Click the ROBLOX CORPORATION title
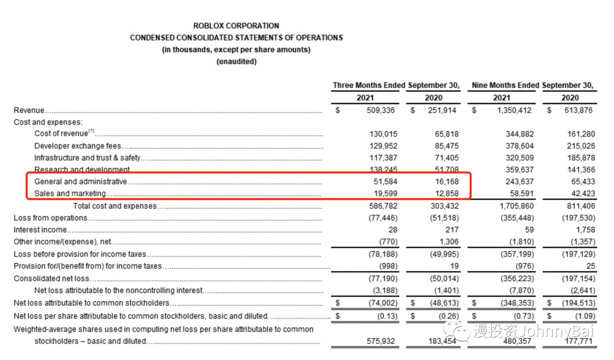tap(236, 26)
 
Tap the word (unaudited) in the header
tap(236, 61)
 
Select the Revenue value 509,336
tap(380, 110)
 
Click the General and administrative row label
tap(80, 181)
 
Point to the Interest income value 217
tap(450, 230)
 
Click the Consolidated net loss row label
tap(52, 278)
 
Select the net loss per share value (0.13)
tap(384, 316)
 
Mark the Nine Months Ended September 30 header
tap(533, 85)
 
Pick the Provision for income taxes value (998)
tap(387, 266)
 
